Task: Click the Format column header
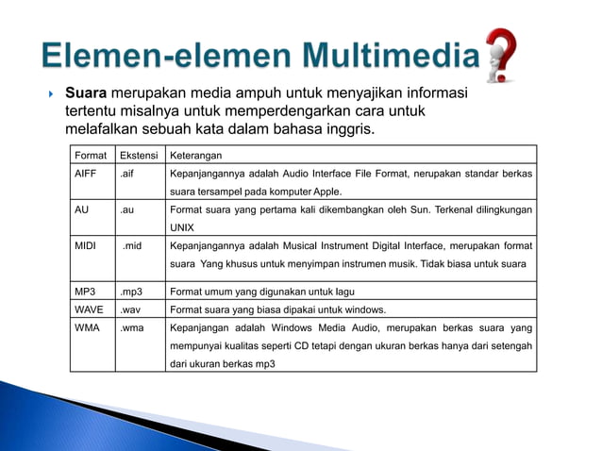pyautogui.click(x=92, y=156)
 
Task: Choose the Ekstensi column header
pyautogui.click(x=140, y=156)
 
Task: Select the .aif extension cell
pyautogui.click(x=127, y=175)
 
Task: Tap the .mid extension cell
pyautogui.click(x=132, y=245)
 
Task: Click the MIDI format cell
pyautogui.click(x=86, y=245)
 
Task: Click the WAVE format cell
pyautogui.click(x=89, y=309)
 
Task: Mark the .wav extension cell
pyautogui.click(x=131, y=309)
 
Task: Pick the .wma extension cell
pyautogui.click(x=132, y=327)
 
